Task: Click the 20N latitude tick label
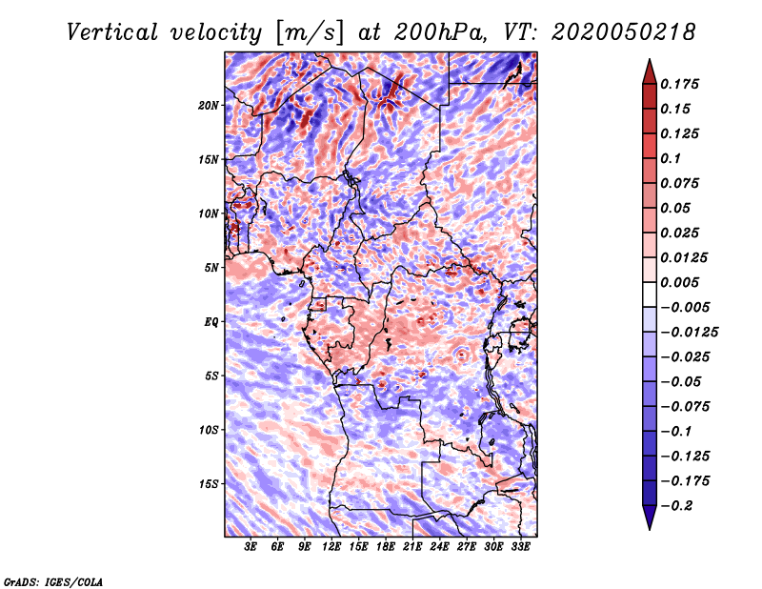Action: click(x=208, y=106)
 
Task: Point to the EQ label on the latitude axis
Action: click(x=211, y=322)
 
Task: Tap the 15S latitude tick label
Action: click(x=208, y=484)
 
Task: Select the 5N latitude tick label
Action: click(x=211, y=268)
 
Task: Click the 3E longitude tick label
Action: click(x=251, y=547)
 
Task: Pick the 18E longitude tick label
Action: click(x=386, y=547)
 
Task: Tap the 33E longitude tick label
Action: click(x=520, y=547)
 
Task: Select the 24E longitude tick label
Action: click(x=439, y=547)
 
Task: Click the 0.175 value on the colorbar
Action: click(x=679, y=84)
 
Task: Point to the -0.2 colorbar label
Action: click(x=676, y=506)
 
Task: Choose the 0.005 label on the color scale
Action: click(x=679, y=282)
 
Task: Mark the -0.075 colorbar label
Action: click(x=685, y=407)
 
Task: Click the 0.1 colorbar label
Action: click(x=671, y=158)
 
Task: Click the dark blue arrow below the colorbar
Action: click(x=650, y=518)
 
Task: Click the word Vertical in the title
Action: click(x=112, y=32)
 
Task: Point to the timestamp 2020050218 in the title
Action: click(x=623, y=32)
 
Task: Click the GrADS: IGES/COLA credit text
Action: click(x=53, y=582)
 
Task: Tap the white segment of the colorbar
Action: click(x=650, y=294)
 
